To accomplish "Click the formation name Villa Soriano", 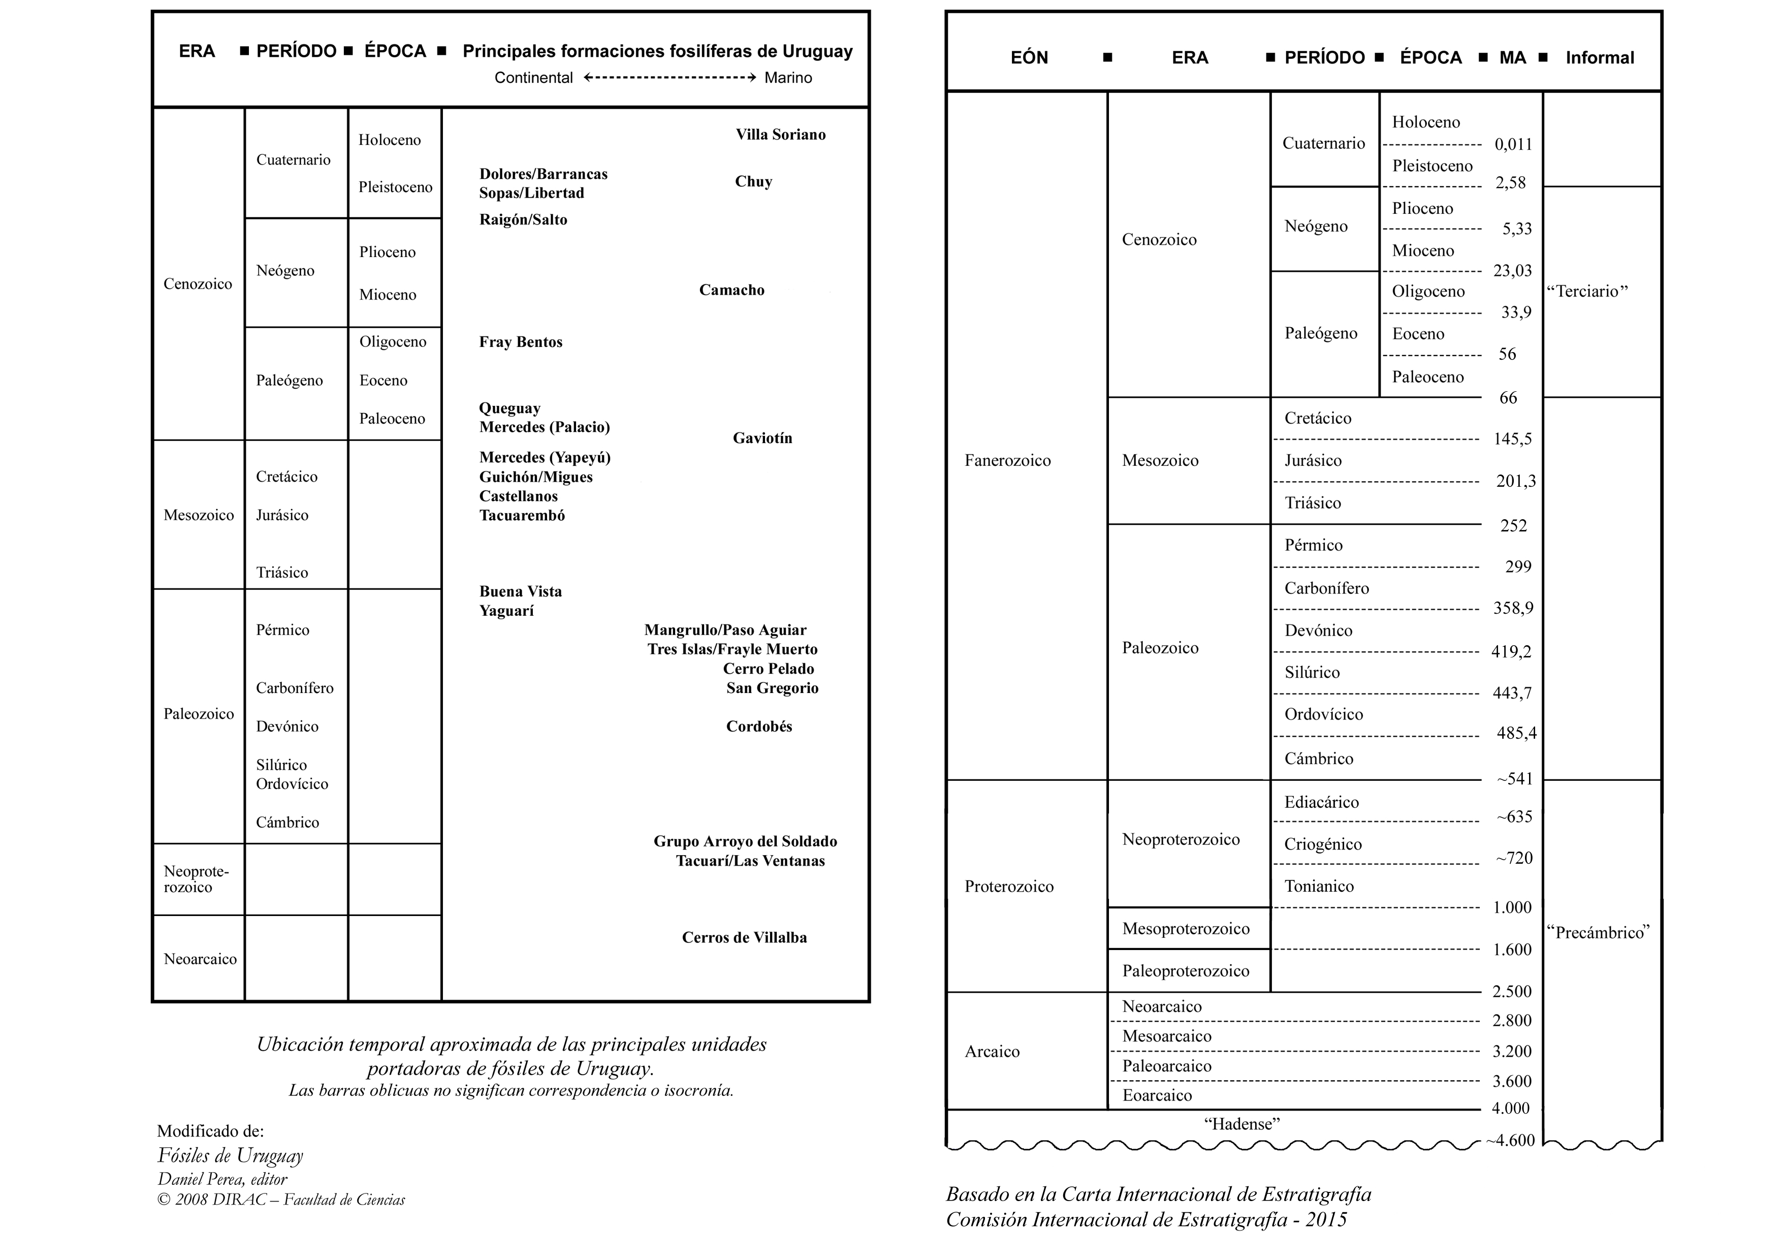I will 780,134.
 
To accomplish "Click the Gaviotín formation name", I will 762,438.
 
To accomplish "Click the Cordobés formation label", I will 758,726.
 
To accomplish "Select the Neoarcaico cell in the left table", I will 200,959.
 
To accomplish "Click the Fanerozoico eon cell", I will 1007,460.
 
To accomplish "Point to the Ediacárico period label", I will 1321,802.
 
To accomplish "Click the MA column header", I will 1512,57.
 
